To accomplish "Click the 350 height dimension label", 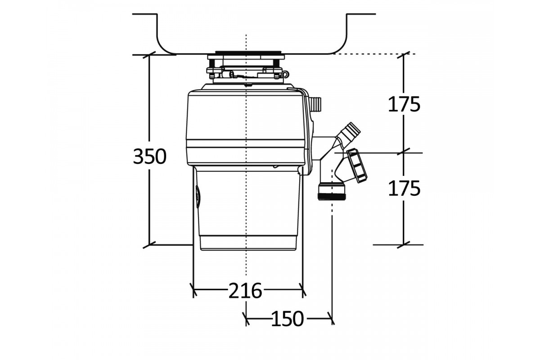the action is click(150, 157).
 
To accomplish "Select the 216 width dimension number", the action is click(245, 291).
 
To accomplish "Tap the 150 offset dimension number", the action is click(288, 319).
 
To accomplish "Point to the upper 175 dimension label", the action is click(404, 104).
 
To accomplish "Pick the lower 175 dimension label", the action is click(404, 188).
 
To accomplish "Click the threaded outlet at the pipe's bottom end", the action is click(332, 191).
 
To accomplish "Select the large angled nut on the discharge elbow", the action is click(357, 166).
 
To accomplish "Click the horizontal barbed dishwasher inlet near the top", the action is click(315, 104).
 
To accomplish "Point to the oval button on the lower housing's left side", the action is click(198, 197).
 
